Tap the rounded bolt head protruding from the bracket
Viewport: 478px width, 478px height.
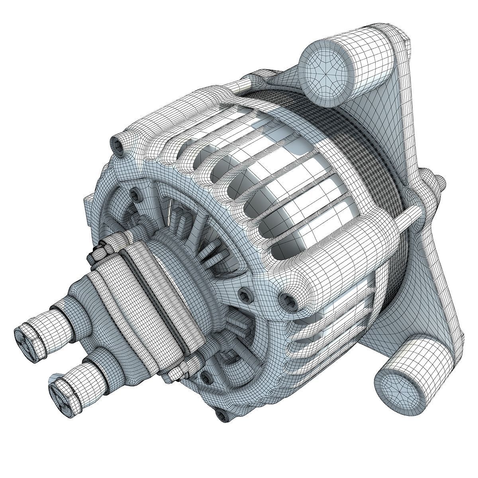click(440, 184)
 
